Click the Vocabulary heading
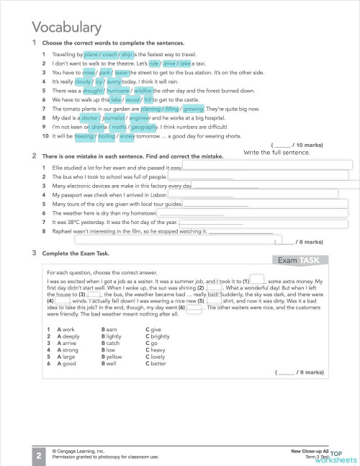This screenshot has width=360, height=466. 67,27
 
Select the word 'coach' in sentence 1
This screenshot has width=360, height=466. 110,54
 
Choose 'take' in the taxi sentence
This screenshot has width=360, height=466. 185,63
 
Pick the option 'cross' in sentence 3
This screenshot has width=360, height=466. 89,73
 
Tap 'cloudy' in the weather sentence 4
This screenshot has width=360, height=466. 84,82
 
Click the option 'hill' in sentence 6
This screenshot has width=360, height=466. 149,100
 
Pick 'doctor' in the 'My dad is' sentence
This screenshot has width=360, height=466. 89,117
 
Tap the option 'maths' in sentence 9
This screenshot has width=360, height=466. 111,127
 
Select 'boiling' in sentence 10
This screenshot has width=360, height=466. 107,135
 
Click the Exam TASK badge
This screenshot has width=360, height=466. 302,260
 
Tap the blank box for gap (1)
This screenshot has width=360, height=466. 258,279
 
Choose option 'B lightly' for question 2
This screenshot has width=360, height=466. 112,336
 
